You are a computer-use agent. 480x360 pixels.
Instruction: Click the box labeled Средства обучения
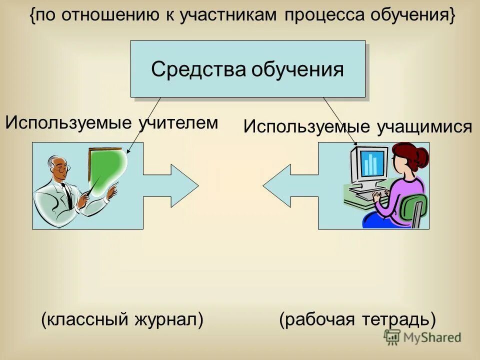247,69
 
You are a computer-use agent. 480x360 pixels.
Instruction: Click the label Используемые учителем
111,122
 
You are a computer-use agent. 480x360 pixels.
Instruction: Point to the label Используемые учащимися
357,126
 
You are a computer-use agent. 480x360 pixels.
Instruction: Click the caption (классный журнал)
122,319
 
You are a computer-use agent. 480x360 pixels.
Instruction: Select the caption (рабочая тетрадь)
357,319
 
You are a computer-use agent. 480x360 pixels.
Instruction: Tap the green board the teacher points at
106,168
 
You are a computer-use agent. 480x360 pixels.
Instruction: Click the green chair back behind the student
417,207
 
